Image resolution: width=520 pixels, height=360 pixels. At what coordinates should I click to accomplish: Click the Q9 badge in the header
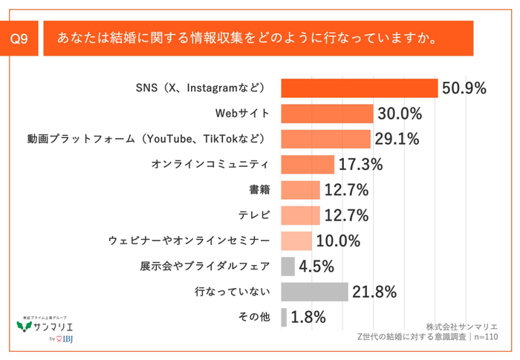(21, 37)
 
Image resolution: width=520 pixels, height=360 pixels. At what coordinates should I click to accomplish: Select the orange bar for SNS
(360, 88)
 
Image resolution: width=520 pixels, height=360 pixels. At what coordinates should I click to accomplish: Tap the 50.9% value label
(464, 88)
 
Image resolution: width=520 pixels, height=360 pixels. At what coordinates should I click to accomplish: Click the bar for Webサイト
(327, 114)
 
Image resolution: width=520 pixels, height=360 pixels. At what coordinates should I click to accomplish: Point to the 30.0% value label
(400, 114)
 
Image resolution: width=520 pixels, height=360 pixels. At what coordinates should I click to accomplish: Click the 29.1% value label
(397, 139)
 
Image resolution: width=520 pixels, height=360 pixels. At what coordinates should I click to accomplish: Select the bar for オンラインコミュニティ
(308, 164)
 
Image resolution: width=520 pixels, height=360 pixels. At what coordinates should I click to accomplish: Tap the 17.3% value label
(361, 164)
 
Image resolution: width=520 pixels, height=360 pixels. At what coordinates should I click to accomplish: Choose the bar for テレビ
(300, 215)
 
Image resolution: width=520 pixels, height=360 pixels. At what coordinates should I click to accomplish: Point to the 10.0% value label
(338, 240)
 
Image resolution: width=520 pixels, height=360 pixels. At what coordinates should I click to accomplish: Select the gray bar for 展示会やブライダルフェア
(288, 266)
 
